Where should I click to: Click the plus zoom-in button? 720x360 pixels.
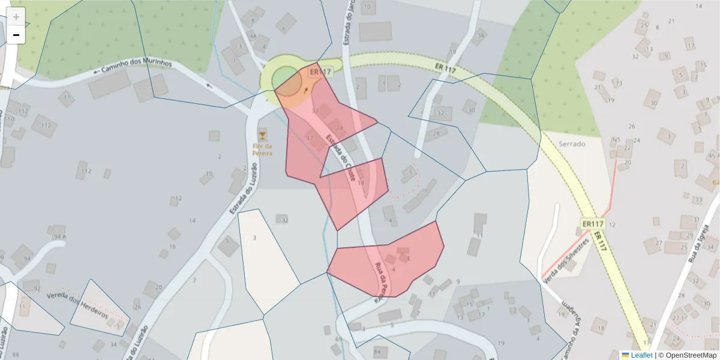(x=16, y=17)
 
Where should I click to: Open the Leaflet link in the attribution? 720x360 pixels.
(x=641, y=355)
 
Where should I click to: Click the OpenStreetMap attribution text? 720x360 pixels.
(x=688, y=355)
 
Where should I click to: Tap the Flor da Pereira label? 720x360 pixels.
(x=262, y=150)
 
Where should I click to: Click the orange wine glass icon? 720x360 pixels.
(x=262, y=134)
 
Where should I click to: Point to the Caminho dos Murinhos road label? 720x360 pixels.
(x=136, y=67)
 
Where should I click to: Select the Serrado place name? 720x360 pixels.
(x=571, y=144)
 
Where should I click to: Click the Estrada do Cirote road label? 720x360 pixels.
(x=341, y=158)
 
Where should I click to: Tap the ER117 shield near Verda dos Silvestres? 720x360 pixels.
(x=592, y=224)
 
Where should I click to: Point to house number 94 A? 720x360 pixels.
(x=59, y=236)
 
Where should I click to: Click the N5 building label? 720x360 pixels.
(x=616, y=140)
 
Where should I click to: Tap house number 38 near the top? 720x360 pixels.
(x=480, y=35)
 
